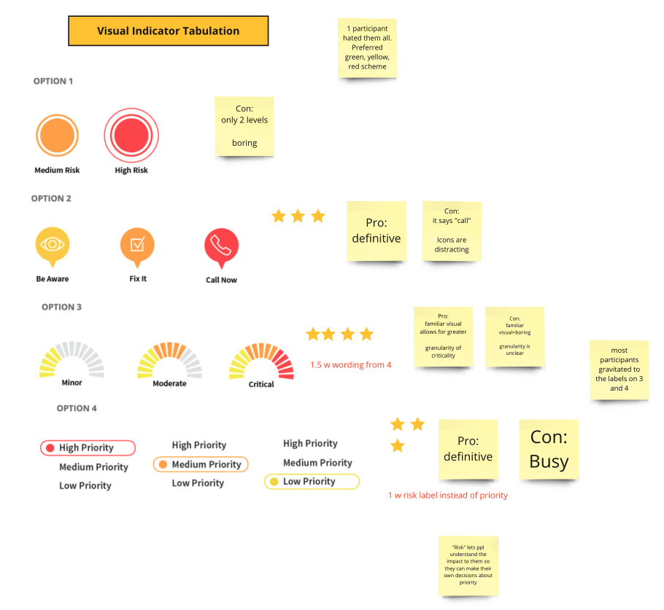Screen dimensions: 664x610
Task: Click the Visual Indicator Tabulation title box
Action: click(168, 31)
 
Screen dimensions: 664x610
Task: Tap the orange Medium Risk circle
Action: click(57, 136)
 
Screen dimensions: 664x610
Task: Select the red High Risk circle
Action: click(131, 136)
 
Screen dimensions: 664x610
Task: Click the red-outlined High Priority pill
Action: click(88, 447)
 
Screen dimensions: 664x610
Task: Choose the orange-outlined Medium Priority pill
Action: click(201, 464)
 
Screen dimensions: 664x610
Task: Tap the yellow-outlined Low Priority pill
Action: click(312, 482)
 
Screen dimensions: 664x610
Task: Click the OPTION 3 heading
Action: click(61, 307)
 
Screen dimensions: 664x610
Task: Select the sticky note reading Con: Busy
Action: click(549, 449)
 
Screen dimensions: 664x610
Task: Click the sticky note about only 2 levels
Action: click(244, 126)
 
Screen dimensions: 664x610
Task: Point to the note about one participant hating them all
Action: click(367, 48)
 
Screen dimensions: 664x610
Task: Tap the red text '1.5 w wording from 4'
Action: click(351, 364)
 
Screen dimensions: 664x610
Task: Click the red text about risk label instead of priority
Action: click(447, 496)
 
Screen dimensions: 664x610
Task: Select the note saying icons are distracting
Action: click(452, 231)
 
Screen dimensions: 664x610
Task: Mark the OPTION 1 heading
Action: click(53, 81)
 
